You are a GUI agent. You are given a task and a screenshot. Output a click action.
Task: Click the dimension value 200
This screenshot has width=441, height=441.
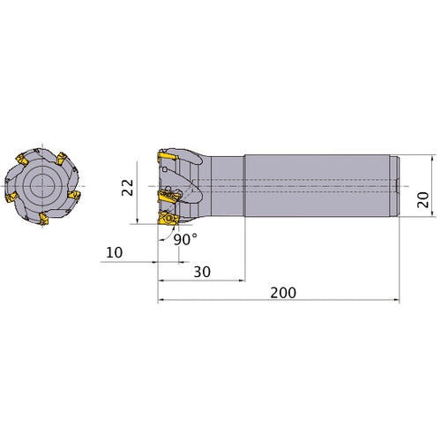click(283, 293)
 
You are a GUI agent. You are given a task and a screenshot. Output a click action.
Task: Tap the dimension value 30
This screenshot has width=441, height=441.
click(202, 272)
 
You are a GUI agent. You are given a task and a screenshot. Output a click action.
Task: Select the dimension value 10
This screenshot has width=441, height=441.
click(114, 252)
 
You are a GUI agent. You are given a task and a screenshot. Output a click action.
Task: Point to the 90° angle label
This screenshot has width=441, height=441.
click(185, 239)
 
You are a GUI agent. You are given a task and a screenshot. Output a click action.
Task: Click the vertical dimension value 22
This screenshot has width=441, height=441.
click(128, 187)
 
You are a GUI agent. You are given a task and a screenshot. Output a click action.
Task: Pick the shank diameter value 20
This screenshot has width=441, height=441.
click(423, 199)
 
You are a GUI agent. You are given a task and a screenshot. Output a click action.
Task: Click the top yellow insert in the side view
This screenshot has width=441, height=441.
click(168, 155)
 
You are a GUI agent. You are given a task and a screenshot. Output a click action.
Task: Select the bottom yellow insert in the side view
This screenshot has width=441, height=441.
click(168, 219)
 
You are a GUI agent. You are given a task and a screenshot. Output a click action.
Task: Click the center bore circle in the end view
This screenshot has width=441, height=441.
click(42, 186)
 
